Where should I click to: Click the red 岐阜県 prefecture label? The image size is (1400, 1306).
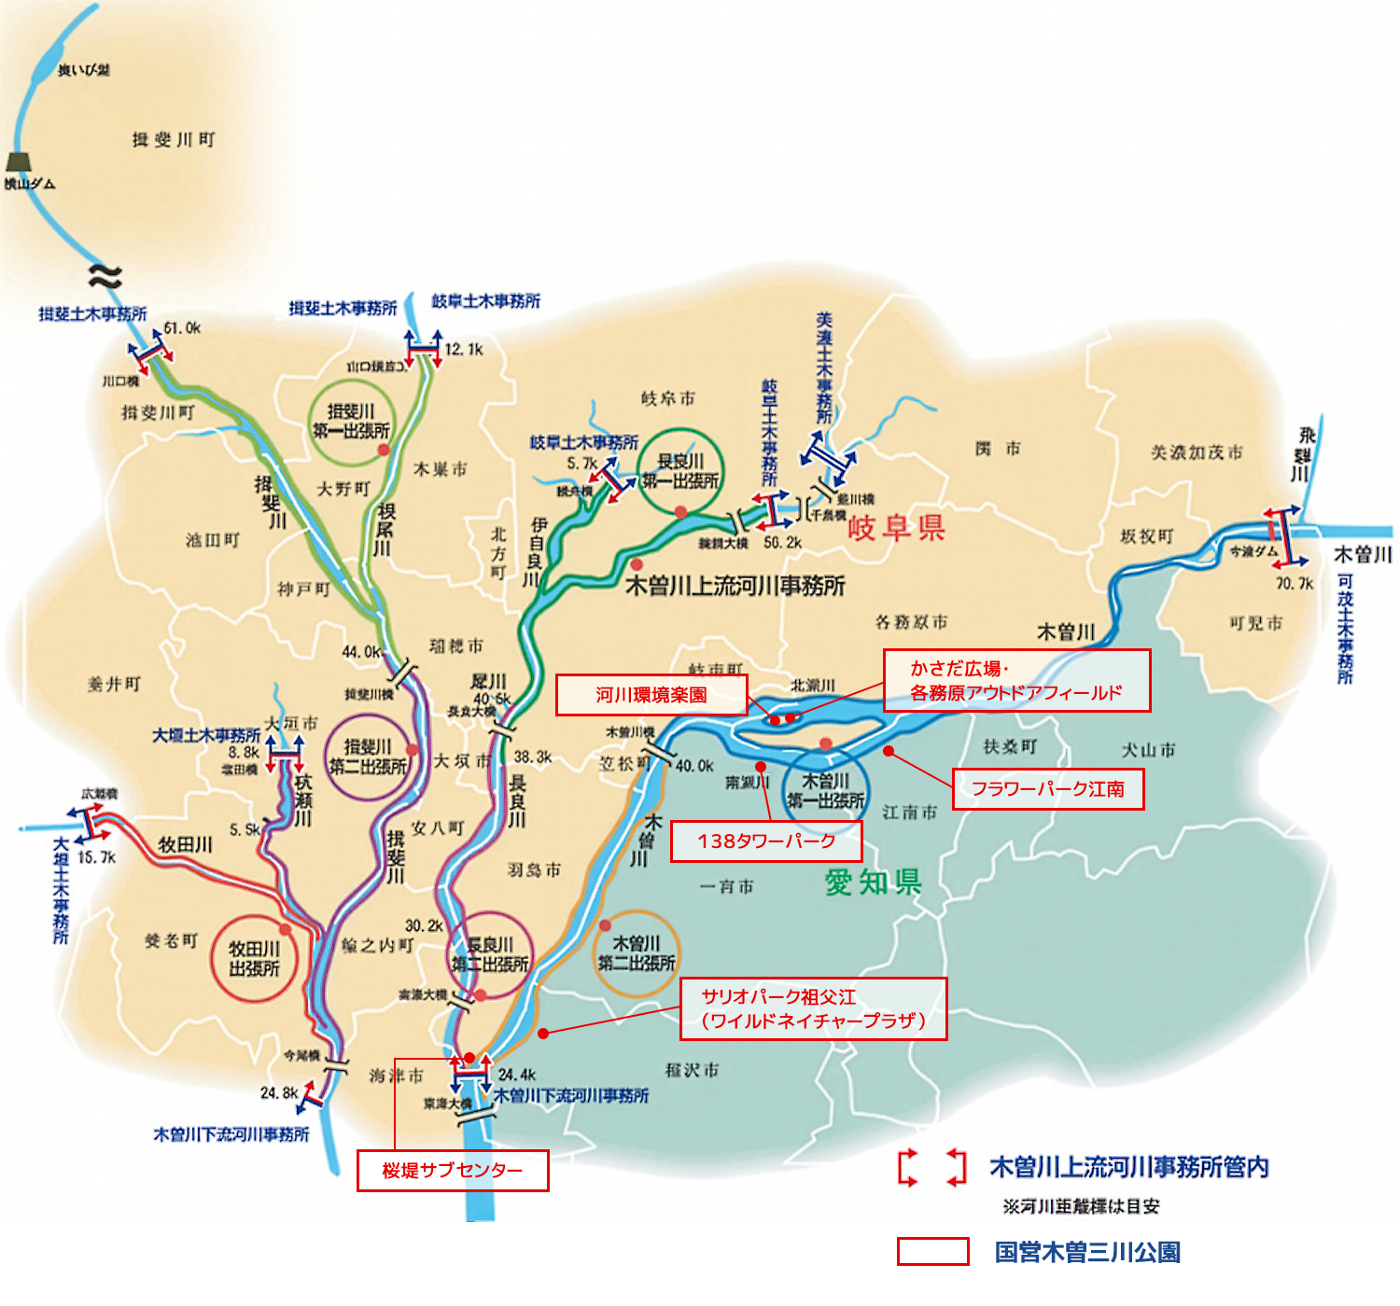pyautogui.click(x=896, y=528)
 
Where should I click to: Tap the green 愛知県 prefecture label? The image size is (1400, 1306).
pyautogui.click(x=873, y=882)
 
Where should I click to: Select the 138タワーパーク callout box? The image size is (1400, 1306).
pyautogui.click(x=766, y=841)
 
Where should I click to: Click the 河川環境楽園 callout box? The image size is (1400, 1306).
pyautogui.click(x=651, y=695)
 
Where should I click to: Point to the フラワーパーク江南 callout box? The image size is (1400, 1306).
pyautogui.click(x=1048, y=789)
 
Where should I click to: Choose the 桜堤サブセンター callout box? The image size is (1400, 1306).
pyautogui.click(x=453, y=1171)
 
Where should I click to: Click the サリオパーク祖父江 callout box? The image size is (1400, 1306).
pyautogui.click(x=813, y=1008)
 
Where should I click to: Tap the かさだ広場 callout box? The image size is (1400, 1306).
pyautogui.click(x=1016, y=681)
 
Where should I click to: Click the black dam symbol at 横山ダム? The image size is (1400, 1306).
pyautogui.click(x=19, y=161)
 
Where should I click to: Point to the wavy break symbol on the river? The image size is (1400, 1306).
pyautogui.click(x=105, y=274)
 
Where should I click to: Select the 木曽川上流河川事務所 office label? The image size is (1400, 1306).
pyautogui.click(x=735, y=586)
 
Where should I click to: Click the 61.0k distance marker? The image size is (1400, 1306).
pyautogui.click(x=182, y=328)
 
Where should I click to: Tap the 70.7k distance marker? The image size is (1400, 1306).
pyautogui.click(x=1295, y=584)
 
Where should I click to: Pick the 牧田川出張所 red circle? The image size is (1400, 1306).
pyautogui.click(x=255, y=959)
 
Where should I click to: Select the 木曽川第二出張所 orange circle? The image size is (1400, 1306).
pyautogui.click(x=636, y=953)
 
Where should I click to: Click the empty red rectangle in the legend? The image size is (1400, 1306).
pyautogui.click(x=932, y=1252)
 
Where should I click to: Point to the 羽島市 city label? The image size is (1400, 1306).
pyautogui.click(x=534, y=869)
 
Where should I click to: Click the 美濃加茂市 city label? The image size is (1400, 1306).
pyautogui.click(x=1197, y=452)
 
